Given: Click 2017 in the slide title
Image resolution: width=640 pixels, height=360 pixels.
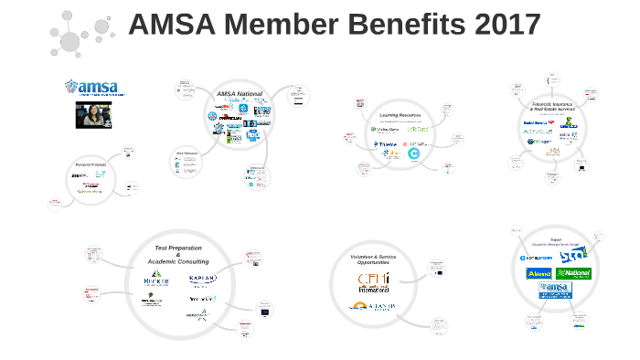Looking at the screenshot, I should [x=501, y=25].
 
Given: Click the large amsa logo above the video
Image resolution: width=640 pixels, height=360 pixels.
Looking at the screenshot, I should [x=95, y=88].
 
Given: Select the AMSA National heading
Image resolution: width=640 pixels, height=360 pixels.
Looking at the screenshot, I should [x=240, y=94].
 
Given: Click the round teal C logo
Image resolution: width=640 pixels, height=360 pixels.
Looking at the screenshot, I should [x=413, y=154].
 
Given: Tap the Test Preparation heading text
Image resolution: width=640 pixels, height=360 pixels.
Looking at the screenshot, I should [x=178, y=249].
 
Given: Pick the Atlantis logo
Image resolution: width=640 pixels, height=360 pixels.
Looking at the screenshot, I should [x=373, y=307].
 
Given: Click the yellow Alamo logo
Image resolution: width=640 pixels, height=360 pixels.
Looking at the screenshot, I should [x=538, y=273].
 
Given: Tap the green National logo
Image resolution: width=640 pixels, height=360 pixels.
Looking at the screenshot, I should [x=573, y=273].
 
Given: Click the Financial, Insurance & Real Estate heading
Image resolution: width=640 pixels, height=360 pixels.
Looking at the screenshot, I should [x=554, y=107].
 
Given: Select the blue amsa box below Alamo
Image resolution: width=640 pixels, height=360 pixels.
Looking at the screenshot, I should [x=555, y=290].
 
